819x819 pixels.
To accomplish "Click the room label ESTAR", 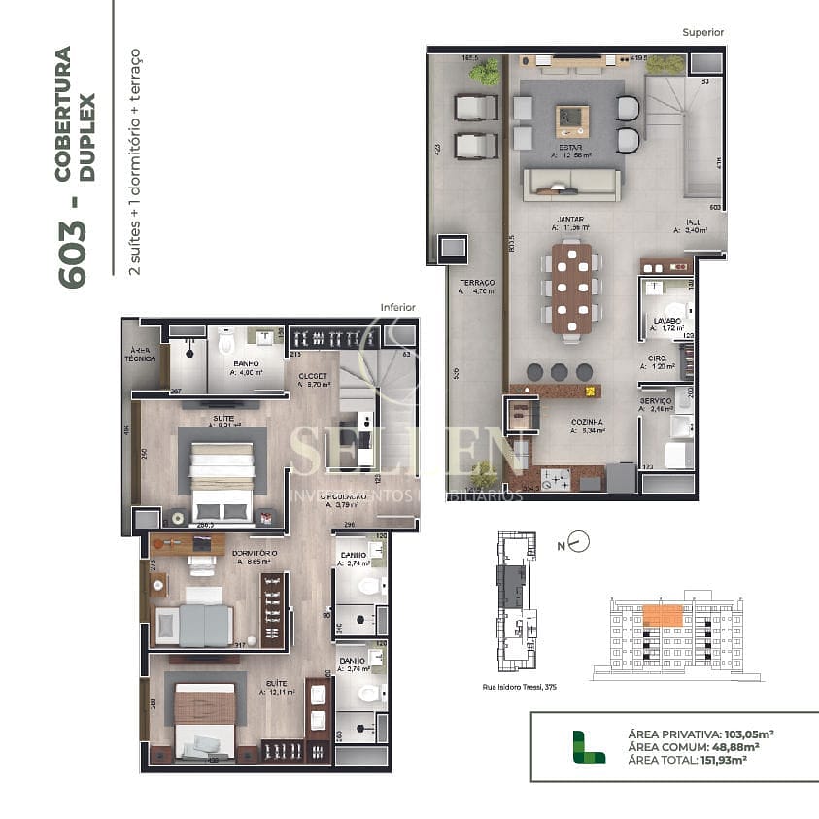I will (570, 148).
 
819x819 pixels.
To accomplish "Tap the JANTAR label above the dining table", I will (571, 220).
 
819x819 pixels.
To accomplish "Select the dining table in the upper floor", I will (571, 288).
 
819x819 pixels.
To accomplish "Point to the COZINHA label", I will (586, 423).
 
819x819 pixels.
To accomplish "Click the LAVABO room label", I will (666, 320).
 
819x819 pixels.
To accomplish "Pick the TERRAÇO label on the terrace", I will (477, 282).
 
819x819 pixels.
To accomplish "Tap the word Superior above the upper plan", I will (702, 32).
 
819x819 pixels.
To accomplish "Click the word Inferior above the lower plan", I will (397, 307).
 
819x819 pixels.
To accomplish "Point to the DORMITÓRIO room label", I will (255, 553).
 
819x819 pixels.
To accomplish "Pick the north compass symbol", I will (578, 541).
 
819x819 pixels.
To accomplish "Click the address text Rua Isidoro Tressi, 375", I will (520, 686).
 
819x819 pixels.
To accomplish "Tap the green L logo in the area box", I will (581, 746).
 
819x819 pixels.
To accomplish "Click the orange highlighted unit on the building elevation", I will (664, 615).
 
